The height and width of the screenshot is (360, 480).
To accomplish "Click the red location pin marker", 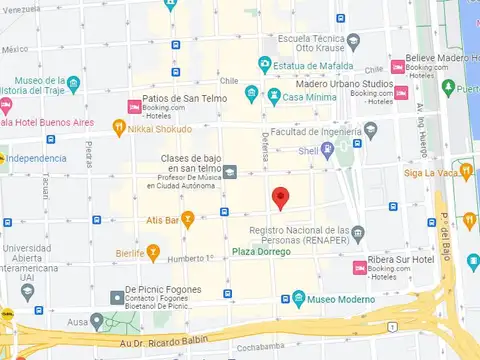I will [x=281, y=197].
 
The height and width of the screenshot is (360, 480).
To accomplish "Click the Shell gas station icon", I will [x=344, y=152].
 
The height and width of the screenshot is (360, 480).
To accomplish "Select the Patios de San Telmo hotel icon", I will [x=132, y=106].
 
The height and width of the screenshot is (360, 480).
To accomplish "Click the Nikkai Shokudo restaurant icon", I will [x=120, y=128].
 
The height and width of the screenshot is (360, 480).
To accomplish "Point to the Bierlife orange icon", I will [x=152, y=253].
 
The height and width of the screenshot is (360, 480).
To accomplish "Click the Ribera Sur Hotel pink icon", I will [x=359, y=267].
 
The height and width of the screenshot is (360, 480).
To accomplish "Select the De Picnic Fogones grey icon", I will [x=116, y=296].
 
